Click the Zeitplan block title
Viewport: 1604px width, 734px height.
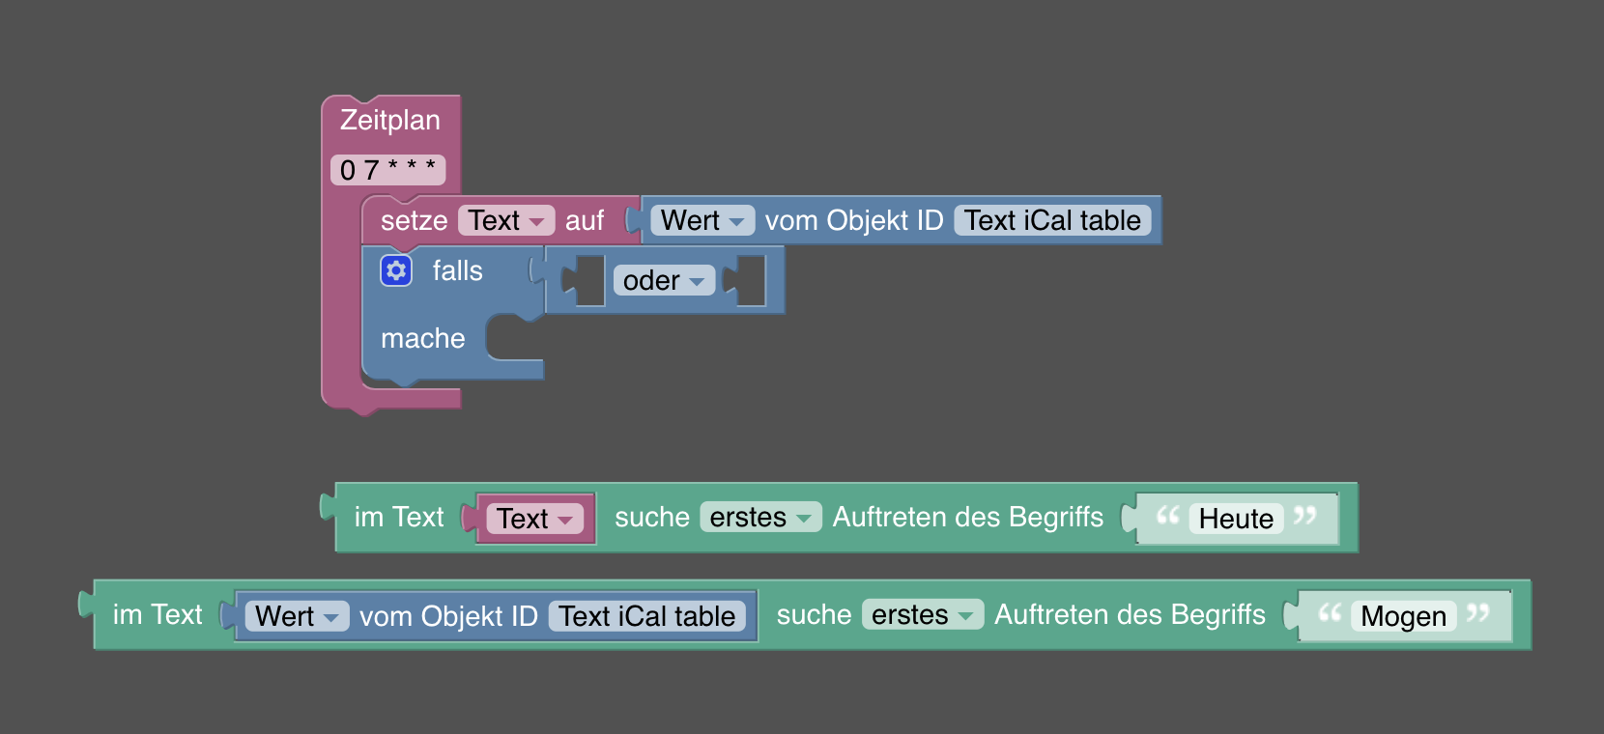389,120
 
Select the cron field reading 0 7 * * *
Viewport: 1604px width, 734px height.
387,170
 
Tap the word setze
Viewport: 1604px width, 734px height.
414,220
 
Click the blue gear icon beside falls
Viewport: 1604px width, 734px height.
396,270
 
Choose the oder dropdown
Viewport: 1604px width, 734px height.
664,280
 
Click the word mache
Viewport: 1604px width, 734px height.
422,338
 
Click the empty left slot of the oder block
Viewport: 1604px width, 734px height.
587,280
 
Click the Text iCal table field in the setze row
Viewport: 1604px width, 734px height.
1052,220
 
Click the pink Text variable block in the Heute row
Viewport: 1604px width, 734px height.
534,519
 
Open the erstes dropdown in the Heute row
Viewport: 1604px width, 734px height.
760,518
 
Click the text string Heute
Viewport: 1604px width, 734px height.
1236,519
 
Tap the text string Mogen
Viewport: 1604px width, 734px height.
1403,616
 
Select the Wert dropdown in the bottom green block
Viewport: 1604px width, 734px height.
297,616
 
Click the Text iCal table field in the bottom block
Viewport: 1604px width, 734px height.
646,616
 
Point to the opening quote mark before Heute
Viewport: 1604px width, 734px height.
1167,516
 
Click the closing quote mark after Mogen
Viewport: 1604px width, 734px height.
1477,612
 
